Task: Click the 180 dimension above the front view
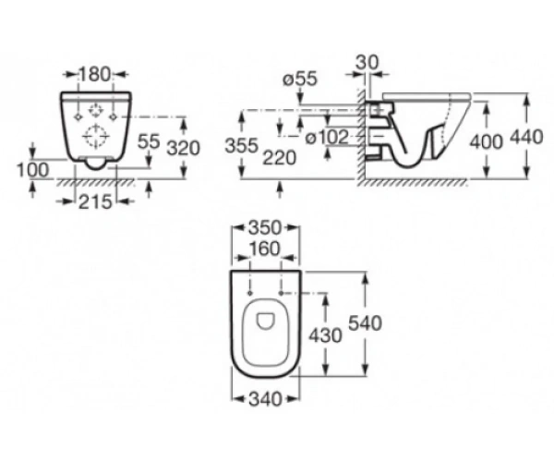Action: pyautogui.click(x=94, y=75)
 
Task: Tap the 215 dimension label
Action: pyautogui.click(x=95, y=202)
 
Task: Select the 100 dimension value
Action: pyautogui.click(x=33, y=170)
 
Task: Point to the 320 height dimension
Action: pyautogui.click(x=184, y=148)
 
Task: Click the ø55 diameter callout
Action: pyautogui.click(x=300, y=79)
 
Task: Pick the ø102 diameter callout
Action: pyautogui.click(x=327, y=137)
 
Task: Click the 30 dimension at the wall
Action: pyautogui.click(x=367, y=63)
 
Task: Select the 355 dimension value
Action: pyautogui.click(x=242, y=145)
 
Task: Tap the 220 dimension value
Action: pyautogui.click(x=279, y=158)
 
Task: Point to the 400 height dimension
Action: pyautogui.click(x=486, y=141)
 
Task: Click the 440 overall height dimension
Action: pyautogui.click(x=526, y=137)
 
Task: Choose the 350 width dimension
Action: pyautogui.click(x=265, y=228)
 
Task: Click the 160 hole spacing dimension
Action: pyautogui.click(x=265, y=249)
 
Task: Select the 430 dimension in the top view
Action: pyautogui.click(x=325, y=335)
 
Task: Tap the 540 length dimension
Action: pyautogui.click(x=366, y=323)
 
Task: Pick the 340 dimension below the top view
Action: pyautogui.click(x=265, y=399)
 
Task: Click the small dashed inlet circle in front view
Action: pyautogui.click(x=95, y=111)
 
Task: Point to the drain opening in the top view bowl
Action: pyautogui.click(x=266, y=321)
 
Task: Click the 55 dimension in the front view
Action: pyautogui.click(x=149, y=141)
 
